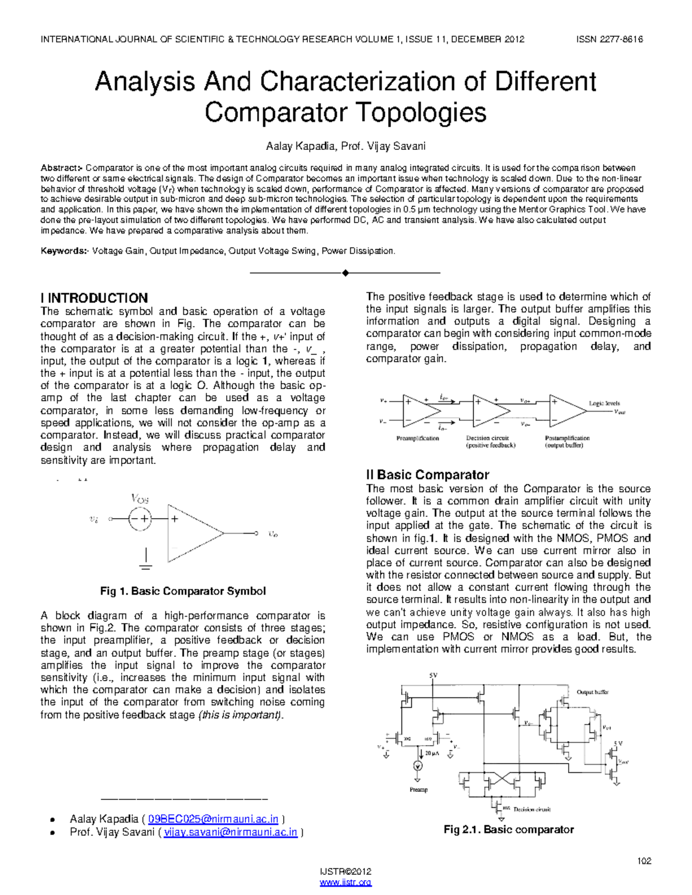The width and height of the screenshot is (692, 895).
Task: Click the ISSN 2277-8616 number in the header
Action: [610, 39]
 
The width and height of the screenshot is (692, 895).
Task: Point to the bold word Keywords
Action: [63, 251]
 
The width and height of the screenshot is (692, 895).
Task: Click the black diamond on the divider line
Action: [345, 273]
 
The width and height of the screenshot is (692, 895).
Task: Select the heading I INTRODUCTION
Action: [94, 298]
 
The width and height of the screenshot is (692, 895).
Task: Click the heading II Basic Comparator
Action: [427, 475]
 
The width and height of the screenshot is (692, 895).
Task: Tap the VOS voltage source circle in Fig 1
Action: [139, 518]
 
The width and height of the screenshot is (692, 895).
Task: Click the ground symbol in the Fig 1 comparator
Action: [146, 565]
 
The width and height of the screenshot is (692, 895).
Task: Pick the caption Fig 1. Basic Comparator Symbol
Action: [183, 591]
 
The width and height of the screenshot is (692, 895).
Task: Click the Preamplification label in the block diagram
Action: [418, 439]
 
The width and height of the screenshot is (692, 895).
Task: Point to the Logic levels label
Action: [604, 403]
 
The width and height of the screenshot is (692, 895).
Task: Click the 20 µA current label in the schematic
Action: [432, 753]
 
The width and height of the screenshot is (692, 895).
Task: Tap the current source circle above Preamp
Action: [418, 766]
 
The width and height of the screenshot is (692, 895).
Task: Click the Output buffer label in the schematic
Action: [592, 692]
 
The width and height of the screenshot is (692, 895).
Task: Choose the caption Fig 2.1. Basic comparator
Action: [509, 830]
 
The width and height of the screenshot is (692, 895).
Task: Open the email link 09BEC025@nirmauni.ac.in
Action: [213, 819]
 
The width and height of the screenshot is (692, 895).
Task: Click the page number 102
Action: [644, 861]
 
